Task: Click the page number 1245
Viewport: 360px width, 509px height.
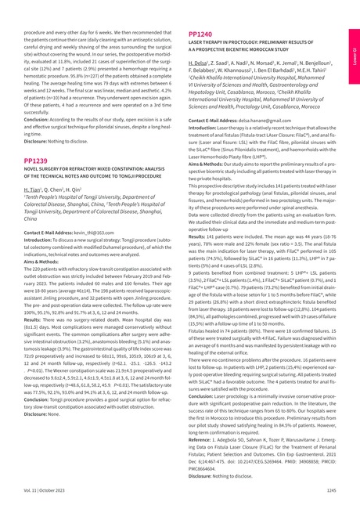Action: click(x=331, y=489)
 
